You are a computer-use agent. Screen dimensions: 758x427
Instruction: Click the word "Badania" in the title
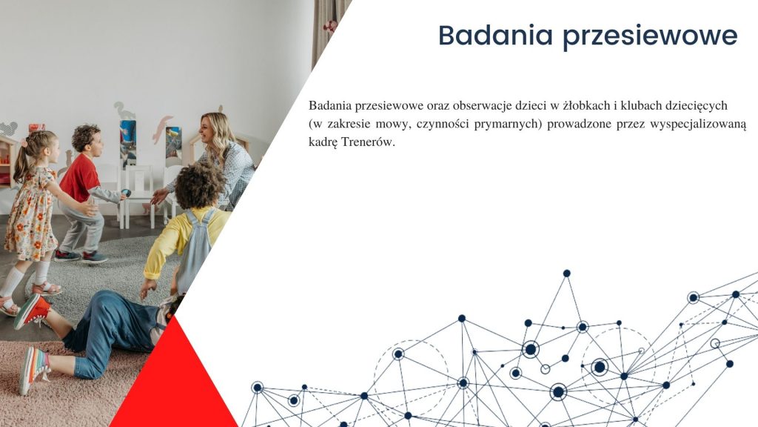click(x=495, y=35)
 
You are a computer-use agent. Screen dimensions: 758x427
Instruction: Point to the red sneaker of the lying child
click(x=32, y=311)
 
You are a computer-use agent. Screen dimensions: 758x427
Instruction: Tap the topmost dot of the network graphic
click(x=566, y=274)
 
